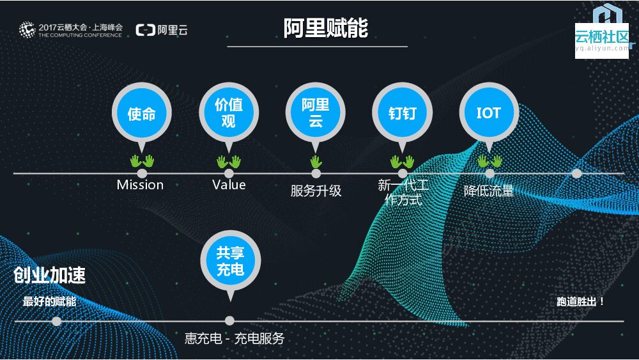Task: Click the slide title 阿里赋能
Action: coord(326,28)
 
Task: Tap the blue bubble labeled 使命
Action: coord(142,114)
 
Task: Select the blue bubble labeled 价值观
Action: coord(229,113)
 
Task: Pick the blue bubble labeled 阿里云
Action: coord(316,113)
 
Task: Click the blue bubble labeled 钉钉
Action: coord(403,113)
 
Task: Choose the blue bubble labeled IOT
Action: coord(489,113)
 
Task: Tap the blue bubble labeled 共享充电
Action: coord(230,260)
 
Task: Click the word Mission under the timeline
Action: coord(140,185)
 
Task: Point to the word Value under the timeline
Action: coord(229,185)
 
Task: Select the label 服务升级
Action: coord(316,191)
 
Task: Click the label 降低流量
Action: coord(489,191)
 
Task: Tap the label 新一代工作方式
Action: coord(403,192)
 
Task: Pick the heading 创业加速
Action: coord(50,276)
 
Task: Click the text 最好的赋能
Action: coord(49,301)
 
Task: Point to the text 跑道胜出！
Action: coord(581,301)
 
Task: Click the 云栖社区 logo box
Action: coord(602,41)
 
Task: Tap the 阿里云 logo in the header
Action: coord(162,30)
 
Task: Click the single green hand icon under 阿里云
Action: coord(316,161)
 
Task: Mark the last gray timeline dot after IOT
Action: coord(576,173)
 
